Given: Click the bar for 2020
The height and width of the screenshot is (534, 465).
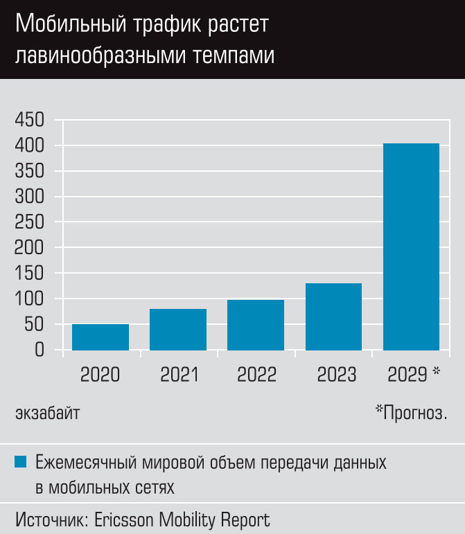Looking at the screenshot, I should (100, 337).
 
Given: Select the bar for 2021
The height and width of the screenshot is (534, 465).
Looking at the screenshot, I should (178, 329).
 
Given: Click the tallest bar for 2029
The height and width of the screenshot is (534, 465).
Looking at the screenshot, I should (411, 246).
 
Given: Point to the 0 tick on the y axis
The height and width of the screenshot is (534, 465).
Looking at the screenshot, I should (40, 350).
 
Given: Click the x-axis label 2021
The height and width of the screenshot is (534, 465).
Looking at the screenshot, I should (179, 375).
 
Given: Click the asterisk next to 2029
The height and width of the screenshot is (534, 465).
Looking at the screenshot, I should (436, 373).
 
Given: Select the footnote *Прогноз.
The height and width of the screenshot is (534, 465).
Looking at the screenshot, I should (411, 413).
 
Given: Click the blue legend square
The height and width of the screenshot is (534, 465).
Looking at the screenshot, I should (21, 461).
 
